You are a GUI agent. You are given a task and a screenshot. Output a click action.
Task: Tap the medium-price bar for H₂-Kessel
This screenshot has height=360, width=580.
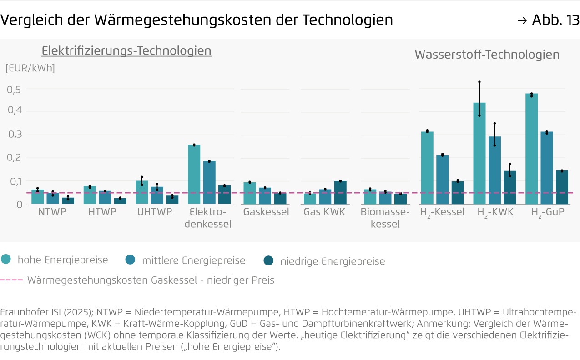tap(442, 180)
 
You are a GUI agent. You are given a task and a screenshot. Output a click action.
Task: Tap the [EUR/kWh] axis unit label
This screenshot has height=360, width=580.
tap(30, 68)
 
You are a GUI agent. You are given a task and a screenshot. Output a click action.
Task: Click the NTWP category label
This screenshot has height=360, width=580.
tap(52, 212)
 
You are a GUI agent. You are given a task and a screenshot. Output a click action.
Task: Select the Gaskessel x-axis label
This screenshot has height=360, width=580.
tap(266, 212)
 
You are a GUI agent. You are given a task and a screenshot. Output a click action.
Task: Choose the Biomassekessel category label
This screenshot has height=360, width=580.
tap(385, 218)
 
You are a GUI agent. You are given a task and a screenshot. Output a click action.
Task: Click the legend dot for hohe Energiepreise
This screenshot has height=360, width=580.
tap(6, 260)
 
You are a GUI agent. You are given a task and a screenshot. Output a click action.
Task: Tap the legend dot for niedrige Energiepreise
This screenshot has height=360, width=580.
tap(268, 260)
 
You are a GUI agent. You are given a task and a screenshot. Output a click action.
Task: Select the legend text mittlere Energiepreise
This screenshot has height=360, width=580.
tap(193, 260)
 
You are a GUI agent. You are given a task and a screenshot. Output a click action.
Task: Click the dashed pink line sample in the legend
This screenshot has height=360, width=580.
tap(11, 280)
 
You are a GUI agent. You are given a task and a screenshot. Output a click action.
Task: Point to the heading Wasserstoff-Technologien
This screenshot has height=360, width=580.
tap(487, 55)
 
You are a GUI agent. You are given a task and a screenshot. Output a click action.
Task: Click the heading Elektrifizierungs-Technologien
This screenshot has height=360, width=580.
tap(126, 51)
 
